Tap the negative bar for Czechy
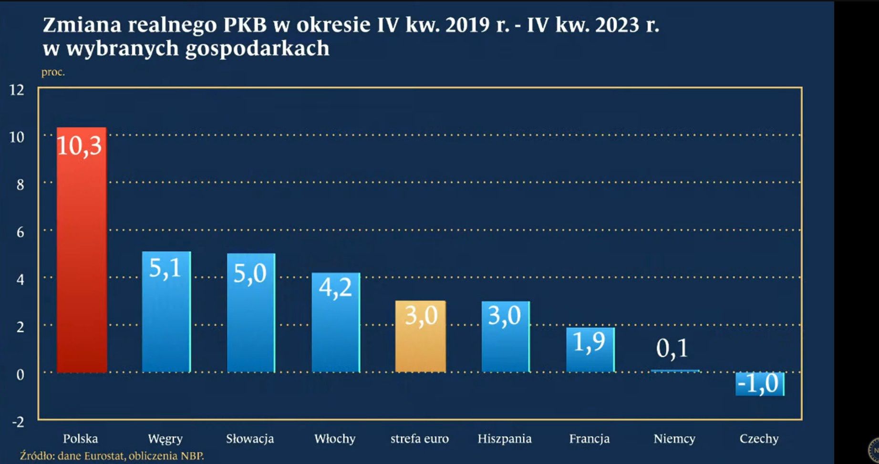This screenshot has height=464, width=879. click(760, 384)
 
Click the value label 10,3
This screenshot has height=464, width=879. click(79, 145)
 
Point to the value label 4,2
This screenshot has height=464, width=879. click(335, 288)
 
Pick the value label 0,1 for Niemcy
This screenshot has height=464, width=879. click(672, 348)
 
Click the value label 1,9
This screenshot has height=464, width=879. click(589, 341)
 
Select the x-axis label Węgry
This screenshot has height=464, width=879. click(165, 439)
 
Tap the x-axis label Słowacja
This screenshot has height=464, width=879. click(250, 439)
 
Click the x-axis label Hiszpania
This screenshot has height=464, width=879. click(505, 439)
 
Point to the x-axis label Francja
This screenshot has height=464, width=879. click(589, 439)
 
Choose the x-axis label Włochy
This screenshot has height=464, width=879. click(335, 439)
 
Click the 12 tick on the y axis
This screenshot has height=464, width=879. click(17, 90)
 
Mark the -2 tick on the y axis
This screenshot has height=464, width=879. click(18, 422)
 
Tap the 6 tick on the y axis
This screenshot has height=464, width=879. click(20, 232)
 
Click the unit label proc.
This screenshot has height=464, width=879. click(53, 72)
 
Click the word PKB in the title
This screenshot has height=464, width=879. click(245, 25)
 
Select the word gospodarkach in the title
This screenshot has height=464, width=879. click(257, 49)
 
